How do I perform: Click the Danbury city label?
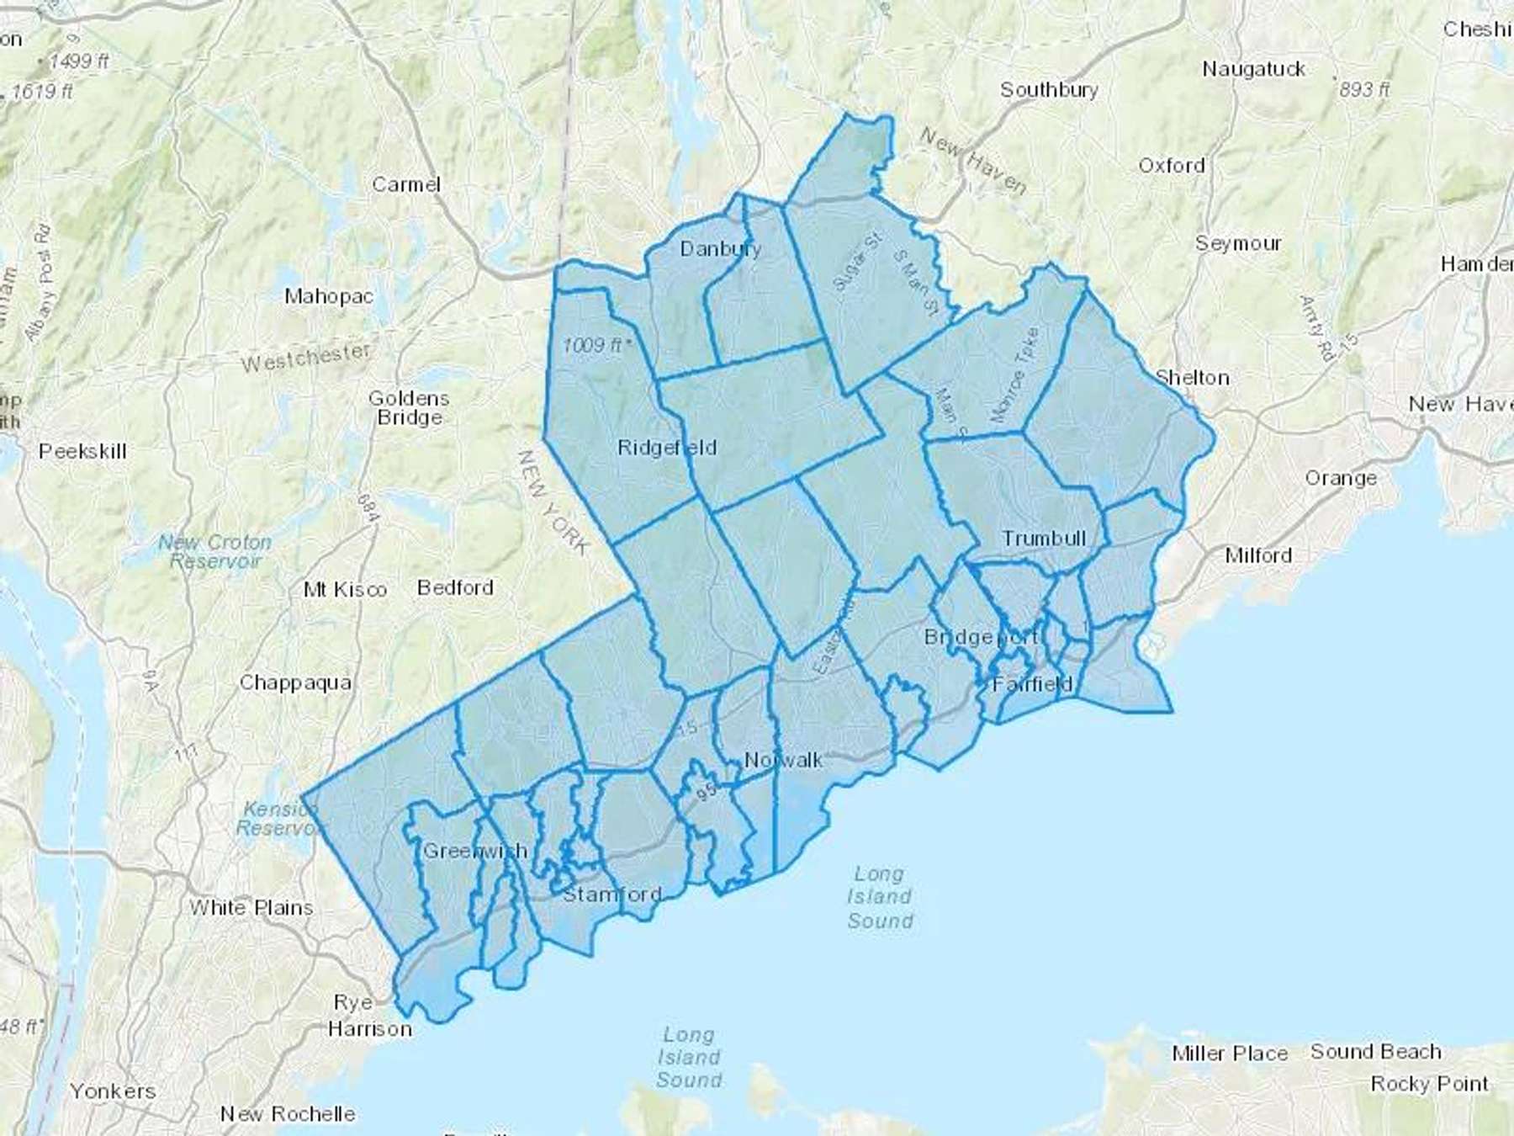click(720, 248)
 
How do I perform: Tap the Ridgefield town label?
click(667, 448)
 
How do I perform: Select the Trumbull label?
click(1044, 539)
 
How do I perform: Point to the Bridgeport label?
click(981, 637)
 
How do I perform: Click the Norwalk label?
click(783, 760)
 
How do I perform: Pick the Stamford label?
click(611, 894)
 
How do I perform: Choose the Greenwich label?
click(475, 851)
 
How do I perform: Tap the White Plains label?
click(251, 908)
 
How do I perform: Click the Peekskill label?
click(82, 451)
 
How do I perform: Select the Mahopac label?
click(328, 296)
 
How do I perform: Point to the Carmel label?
click(406, 184)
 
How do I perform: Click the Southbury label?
click(1049, 90)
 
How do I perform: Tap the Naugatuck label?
click(1253, 69)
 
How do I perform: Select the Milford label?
click(1257, 555)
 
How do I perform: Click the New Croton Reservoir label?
click(215, 552)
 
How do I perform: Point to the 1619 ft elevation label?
click(42, 91)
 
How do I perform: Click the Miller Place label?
click(1230, 1054)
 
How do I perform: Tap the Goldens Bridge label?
click(409, 408)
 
